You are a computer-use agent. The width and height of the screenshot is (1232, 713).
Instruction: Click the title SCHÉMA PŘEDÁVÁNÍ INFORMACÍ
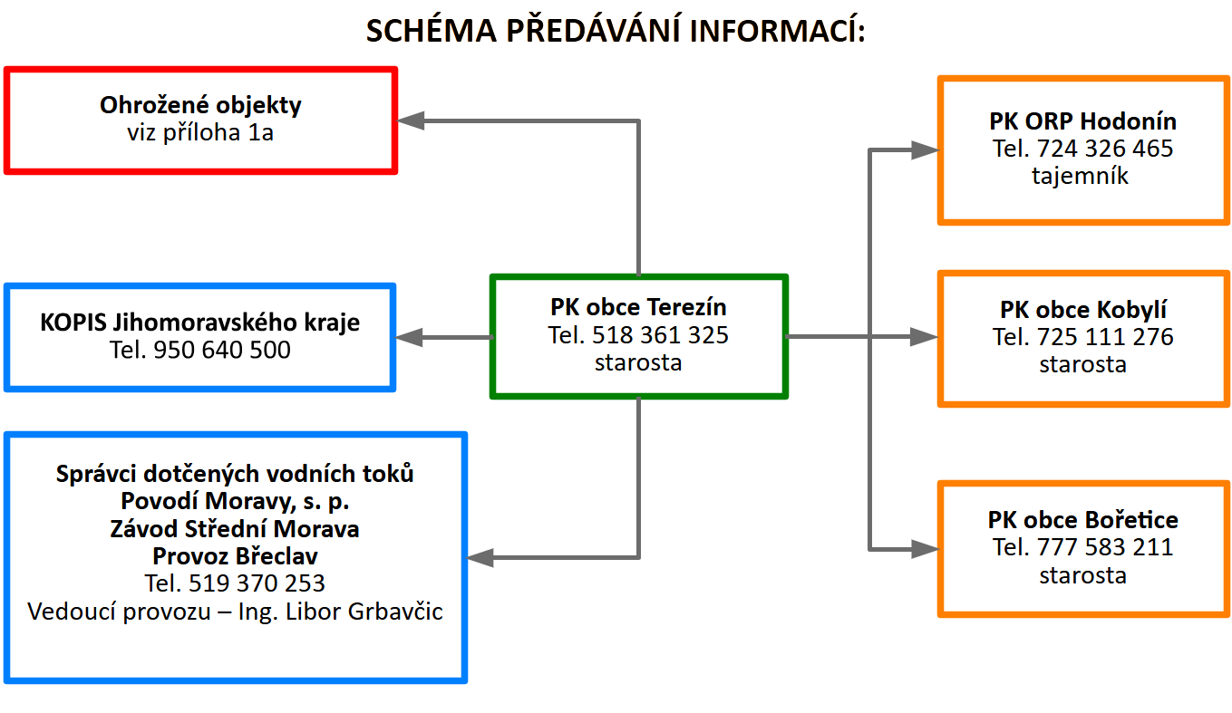(616, 30)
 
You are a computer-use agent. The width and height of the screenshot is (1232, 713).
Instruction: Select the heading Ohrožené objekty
(200, 105)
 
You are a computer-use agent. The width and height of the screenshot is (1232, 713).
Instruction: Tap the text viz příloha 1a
(200, 133)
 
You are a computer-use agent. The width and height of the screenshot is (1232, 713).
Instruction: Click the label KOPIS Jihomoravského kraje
(200, 323)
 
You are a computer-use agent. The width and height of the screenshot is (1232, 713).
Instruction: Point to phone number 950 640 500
(221, 351)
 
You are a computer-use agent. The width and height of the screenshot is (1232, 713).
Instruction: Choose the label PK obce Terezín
(638, 307)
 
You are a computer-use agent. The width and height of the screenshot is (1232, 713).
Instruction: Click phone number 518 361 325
(660, 335)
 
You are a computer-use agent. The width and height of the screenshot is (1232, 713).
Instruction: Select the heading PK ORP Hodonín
(1083, 121)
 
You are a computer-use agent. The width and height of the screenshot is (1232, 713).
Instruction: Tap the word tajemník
(1081, 176)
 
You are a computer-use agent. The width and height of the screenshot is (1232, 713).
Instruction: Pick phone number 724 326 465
(1105, 149)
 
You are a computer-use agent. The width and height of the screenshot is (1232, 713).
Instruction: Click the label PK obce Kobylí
(1083, 310)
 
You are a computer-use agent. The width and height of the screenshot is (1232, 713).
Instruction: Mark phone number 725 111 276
(1105, 337)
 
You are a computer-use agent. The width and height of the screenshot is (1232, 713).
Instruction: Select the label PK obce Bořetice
(1083, 520)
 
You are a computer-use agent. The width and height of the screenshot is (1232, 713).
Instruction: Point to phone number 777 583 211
(1105, 547)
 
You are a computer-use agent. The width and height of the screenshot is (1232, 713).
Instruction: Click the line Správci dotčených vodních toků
(235, 474)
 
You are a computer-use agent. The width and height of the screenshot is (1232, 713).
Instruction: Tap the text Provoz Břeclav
(235, 556)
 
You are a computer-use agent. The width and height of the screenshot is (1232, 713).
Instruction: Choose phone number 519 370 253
(257, 583)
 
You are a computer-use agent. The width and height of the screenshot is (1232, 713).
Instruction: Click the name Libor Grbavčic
(364, 612)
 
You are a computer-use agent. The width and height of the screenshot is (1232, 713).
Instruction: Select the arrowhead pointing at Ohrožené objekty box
(411, 120)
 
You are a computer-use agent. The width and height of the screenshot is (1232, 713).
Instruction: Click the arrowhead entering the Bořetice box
(925, 549)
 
